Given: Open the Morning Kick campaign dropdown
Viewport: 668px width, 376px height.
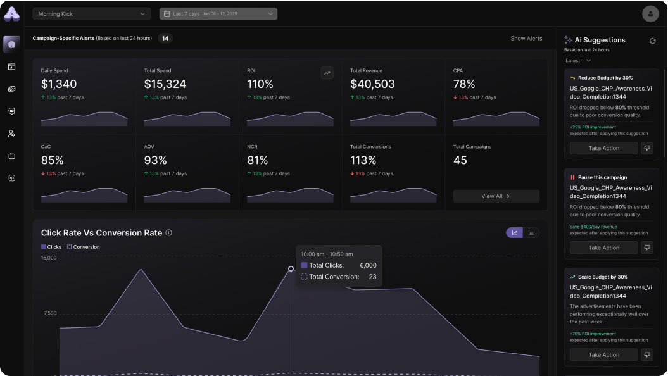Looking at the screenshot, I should click(x=91, y=14).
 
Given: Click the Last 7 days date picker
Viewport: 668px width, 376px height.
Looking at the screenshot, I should click(x=218, y=14).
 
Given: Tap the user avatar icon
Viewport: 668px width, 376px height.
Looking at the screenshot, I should click(x=650, y=13).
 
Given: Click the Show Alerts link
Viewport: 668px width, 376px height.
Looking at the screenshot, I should click(x=526, y=39).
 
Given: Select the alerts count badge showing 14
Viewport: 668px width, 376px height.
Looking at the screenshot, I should click(x=165, y=39).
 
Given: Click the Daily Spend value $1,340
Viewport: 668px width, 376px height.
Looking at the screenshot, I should click(x=59, y=84).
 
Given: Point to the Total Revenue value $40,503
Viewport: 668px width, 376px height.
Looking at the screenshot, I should click(x=372, y=84).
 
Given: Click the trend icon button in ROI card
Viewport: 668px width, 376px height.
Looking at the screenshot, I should click(x=327, y=73).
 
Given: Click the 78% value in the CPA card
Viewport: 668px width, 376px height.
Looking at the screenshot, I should click(x=464, y=84).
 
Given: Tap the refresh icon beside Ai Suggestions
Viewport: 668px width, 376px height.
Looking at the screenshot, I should click(x=652, y=41).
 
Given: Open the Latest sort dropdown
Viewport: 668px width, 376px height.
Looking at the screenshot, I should click(x=578, y=61).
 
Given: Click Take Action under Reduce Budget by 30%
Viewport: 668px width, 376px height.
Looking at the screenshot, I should click(x=603, y=148).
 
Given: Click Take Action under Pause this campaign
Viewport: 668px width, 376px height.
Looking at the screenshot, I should click(x=603, y=248).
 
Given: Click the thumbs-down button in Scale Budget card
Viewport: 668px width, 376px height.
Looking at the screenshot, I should click(x=646, y=354).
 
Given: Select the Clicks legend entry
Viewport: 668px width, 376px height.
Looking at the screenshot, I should click(x=52, y=247).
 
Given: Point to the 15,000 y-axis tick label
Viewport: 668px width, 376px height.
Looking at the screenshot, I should click(x=49, y=258).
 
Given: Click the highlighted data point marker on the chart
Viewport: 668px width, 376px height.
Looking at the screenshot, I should click(x=291, y=269).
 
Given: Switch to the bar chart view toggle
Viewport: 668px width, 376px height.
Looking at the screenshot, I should click(x=531, y=233).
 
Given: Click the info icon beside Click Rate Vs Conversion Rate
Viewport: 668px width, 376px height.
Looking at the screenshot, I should click(x=168, y=233).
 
